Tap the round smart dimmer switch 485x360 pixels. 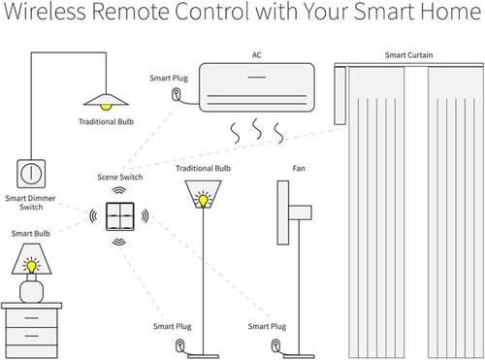pos(30,173)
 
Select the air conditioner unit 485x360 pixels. pos(256,88)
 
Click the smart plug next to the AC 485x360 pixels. pos(176,95)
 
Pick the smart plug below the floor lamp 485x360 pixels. pos(178,346)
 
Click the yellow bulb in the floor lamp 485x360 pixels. pos(202,200)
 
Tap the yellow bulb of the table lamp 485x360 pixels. pos(31,264)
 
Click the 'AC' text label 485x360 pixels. pos(256,55)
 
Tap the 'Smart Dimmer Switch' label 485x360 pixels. pos(30,202)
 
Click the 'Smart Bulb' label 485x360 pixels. pos(30,234)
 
